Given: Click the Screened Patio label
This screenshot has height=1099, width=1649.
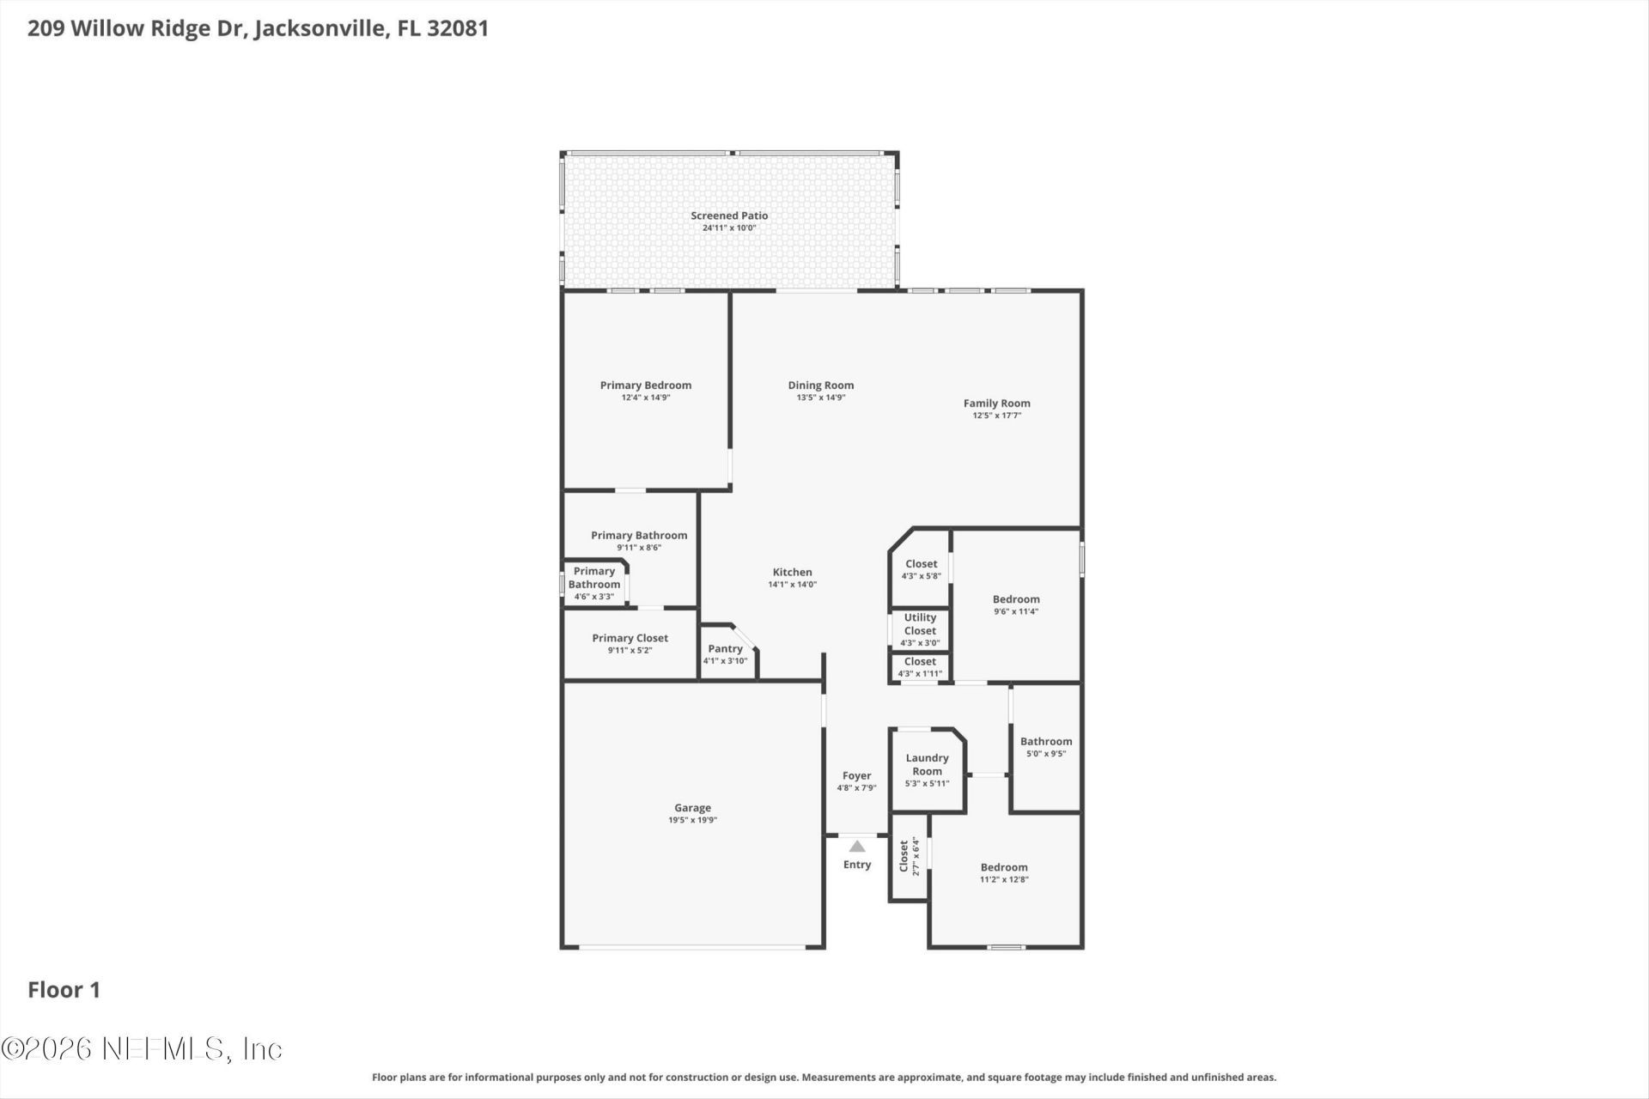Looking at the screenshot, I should pyautogui.click(x=729, y=216).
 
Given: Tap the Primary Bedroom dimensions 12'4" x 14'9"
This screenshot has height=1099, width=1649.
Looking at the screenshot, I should pyautogui.click(x=645, y=398).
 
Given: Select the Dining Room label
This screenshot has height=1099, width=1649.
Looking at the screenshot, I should pyautogui.click(x=820, y=386).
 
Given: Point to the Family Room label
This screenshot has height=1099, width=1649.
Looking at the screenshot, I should pyautogui.click(x=996, y=403).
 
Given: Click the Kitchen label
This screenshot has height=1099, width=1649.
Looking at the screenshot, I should pyautogui.click(x=792, y=572).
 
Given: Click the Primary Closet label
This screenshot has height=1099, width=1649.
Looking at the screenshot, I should pyautogui.click(x=630, y=638).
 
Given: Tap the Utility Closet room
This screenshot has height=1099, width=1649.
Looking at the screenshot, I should pyautogui.click(x=920, y=629).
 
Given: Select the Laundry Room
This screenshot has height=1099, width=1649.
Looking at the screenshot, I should pyautogui.click(x=927, y=770).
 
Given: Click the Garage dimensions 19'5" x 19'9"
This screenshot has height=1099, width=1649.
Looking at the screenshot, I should pyautogui.click(x=692, y=820).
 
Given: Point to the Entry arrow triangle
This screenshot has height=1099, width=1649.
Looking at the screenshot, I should pyautogui.click(x=857, y=847).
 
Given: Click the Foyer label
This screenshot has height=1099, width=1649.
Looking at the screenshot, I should pyautogui.click(x=856, y=775).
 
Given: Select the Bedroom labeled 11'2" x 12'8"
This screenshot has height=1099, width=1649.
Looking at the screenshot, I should pyautogui.click(x=1004, y=872).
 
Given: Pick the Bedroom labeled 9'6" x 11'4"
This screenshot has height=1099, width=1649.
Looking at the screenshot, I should pyautogui.click(x=1016, y=604).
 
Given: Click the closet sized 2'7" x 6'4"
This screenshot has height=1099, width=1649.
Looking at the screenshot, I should pyautogui.click(x=909, y=856).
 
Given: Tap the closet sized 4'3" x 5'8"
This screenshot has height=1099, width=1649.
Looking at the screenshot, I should pyautogui.click(x=921, y=569).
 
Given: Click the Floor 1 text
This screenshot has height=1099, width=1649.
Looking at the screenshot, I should pyautogui.click(x=64, y=990).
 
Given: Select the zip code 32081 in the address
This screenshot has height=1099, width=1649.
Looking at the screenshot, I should pyautogui.click(x=458, y=28).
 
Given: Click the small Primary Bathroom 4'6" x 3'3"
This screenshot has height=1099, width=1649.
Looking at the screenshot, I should pyautogui.click(x=594, y=584).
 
